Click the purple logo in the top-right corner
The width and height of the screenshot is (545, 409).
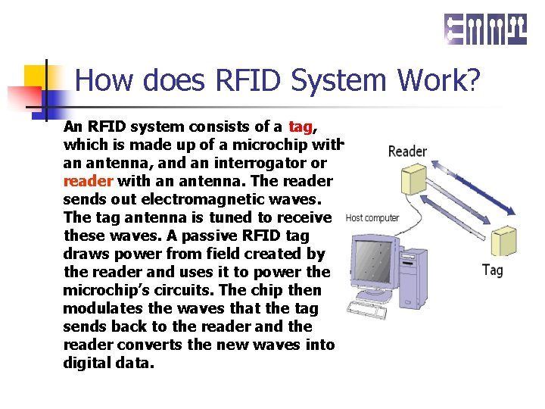click(485, 29)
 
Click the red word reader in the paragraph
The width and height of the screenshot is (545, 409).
click(88, 181)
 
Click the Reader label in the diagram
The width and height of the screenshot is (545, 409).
click(407, 151)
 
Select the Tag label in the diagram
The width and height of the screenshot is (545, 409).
click(492, 270)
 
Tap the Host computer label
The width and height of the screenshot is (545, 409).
click(372, 218)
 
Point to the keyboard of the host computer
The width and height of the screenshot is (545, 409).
click(370, 308)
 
